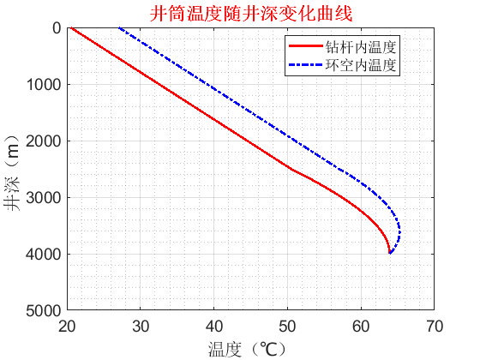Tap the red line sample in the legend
point(306,46)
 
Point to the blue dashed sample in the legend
point(306,64)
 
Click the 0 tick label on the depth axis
point(56,28)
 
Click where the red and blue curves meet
point(390,253)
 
